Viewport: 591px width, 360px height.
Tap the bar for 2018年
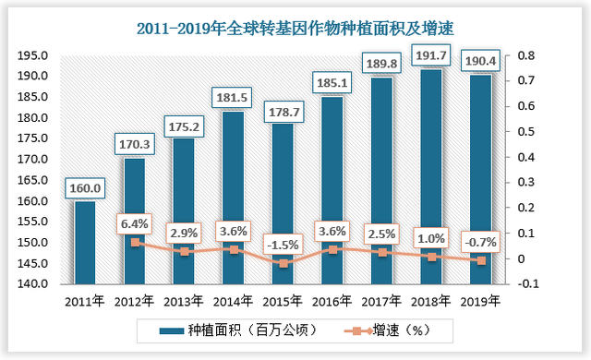431,175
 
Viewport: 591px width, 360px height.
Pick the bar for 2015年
283,203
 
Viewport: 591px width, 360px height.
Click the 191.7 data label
431,54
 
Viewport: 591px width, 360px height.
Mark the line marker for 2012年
135,243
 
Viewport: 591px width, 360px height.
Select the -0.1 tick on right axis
526,284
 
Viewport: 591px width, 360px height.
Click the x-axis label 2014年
233,302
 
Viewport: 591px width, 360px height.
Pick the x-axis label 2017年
381,302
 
